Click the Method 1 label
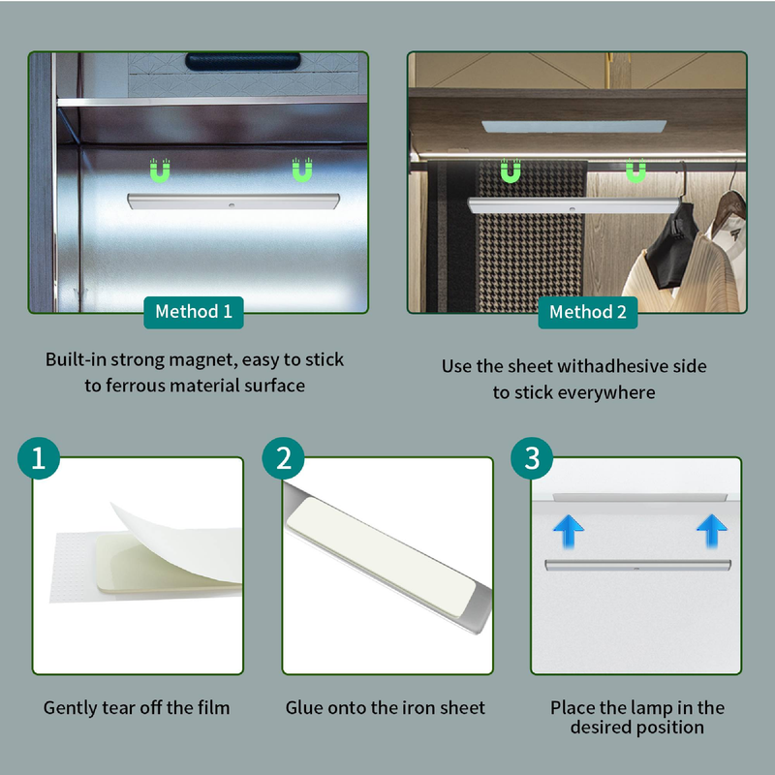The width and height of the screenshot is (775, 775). [x=194, y=312]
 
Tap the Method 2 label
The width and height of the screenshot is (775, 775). [x=588, y=312]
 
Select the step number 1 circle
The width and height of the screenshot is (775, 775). [x=39, y=458]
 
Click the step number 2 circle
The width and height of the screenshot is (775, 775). [x=283, y=458]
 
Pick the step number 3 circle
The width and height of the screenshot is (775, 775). [x=532, y=458]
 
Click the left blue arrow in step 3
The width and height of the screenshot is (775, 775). [x=569, y=531]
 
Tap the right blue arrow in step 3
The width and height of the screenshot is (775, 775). [x=712, y=531]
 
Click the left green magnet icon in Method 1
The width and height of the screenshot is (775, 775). [x=160, y=170]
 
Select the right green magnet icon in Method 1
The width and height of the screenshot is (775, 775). [x=302, y=170]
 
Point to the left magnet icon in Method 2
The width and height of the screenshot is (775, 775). [x=511, y=171]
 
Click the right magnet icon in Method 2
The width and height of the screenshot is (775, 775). [x=635, y=171]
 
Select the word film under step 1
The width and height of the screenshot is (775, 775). [x=213, y=708]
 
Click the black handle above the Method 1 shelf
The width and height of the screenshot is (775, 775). [x=243, y=61]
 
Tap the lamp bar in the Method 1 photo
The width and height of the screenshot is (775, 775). [x=233, y=201]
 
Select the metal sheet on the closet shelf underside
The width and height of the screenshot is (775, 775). [x=573, y=127]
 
